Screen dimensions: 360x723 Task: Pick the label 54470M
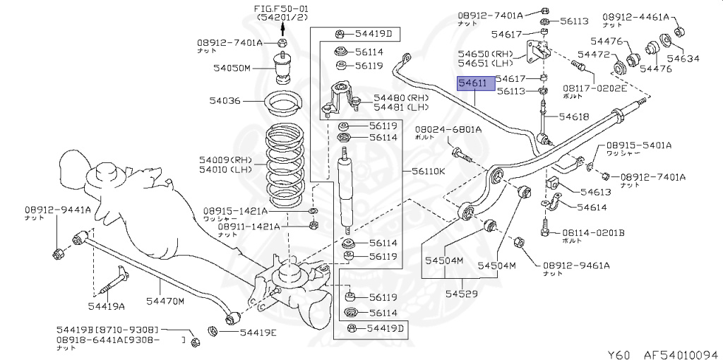tap(165, 301)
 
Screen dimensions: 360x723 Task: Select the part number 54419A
tap(106, 306)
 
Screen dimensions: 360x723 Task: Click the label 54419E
tap(258, 332)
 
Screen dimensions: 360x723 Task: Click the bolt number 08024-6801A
tap(448, 129)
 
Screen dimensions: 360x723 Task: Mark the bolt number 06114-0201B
tap(593, 232)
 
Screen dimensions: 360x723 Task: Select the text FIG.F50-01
tap(282, 7)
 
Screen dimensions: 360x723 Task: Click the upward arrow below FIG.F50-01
tap(282, 28)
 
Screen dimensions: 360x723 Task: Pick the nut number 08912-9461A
tap(575, 265)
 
